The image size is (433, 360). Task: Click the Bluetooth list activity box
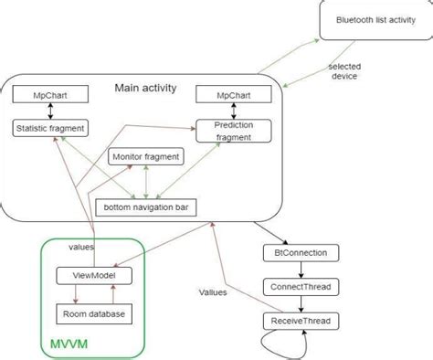click(x=375, y=19)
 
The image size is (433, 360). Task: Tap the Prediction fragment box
click(x=234, y=131)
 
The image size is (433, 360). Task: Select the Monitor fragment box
click(x=146, y=156)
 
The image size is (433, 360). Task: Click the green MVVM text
click(x=68, y=345)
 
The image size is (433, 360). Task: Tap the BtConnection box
click(x=300, y=252)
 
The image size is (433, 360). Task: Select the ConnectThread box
click(x=300, y=287)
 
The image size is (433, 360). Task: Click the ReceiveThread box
click(x=300, y=321)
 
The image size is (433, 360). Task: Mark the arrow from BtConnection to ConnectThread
click(x=300, y=270)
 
